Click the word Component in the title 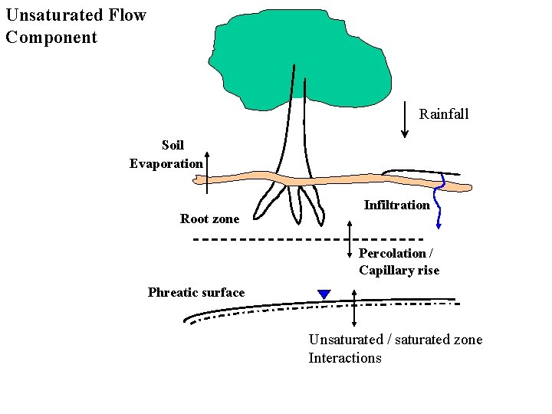(51, 38)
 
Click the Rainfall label (444, 114)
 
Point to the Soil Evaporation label (167, 154)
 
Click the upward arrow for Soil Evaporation (207, 172)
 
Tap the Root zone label (209, 219)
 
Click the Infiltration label (396, 205)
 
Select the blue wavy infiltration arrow (439, 203)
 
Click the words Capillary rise (399, 271)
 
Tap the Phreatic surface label (196, 292)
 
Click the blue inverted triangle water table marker (324, 294)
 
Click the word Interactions (344, 358)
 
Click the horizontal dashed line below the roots (307, 239)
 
